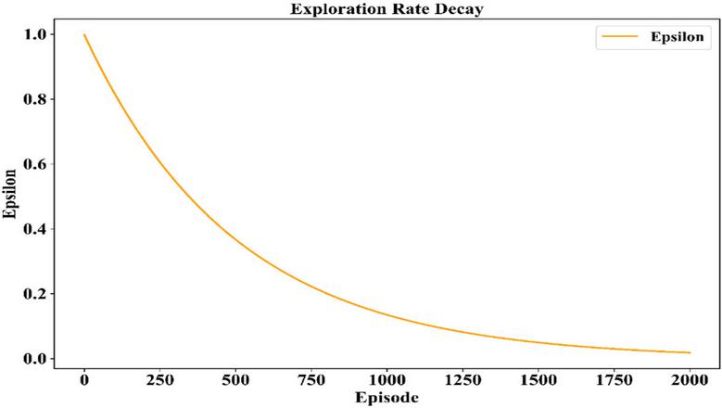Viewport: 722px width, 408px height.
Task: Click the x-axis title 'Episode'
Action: [386, 398]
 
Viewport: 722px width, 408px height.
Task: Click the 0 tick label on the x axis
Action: [84, 380]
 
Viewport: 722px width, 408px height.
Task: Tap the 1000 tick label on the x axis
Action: [386, 380]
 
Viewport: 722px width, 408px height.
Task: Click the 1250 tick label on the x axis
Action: [462, 380]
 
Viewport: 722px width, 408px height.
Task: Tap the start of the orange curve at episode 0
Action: [84, 35]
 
